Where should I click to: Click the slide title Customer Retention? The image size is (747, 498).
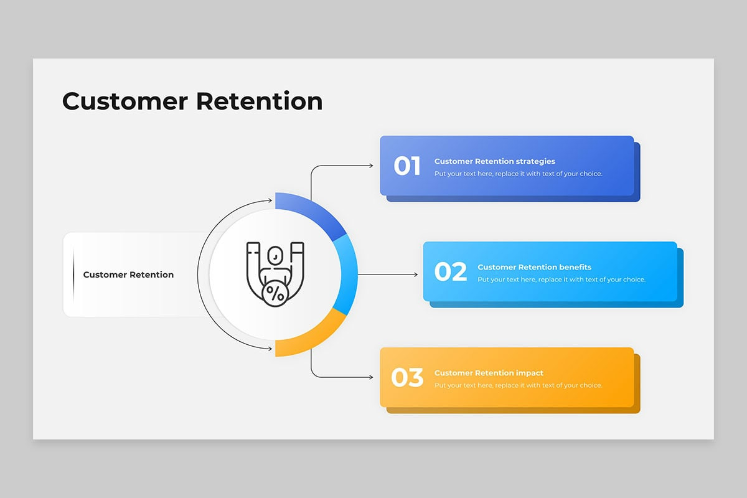coord(192,101)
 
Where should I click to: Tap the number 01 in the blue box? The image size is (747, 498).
coord(407,166)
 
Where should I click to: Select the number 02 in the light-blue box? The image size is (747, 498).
coord(450,272)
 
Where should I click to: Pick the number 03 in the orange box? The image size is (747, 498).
coord(407,378)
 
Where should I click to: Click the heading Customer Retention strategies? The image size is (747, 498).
coord(494,161)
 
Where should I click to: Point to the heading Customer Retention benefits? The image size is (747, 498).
coord(534,267)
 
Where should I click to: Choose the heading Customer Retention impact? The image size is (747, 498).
coord(489,373)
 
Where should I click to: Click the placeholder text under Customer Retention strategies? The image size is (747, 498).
coord(518,174)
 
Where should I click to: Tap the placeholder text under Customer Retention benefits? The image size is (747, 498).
coord(561,280)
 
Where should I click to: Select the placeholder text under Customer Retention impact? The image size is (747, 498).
coord(518,385)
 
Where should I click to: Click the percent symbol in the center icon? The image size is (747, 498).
coord(275,293)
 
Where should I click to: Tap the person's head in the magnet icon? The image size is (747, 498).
coord(275,255)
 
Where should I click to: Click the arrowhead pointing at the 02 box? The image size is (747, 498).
coord(415,275)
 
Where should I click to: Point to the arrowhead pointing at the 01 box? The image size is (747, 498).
coord(371,166)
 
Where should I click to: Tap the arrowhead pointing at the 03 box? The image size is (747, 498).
coord(371,377)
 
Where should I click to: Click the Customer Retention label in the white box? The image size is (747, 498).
coord(128,275)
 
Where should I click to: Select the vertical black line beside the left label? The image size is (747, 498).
coord(73,275)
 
